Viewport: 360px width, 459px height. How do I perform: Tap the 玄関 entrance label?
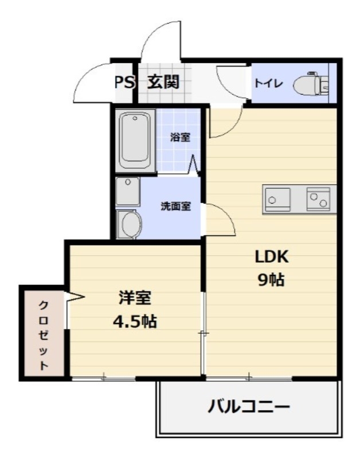coord(163,82)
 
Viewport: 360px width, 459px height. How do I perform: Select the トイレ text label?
coord(267,83)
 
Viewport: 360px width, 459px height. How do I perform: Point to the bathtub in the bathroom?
coord(135,140)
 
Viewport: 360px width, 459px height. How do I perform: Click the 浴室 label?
coord(181,137)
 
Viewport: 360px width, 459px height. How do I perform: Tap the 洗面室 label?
coord(175,207)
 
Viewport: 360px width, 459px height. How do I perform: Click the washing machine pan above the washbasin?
coord(127,192)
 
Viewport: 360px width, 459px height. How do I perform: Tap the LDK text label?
coord(271,257)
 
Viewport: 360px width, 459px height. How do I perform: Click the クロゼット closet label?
coord(43,334)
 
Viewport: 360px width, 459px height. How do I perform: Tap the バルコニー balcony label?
coord(248,408)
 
